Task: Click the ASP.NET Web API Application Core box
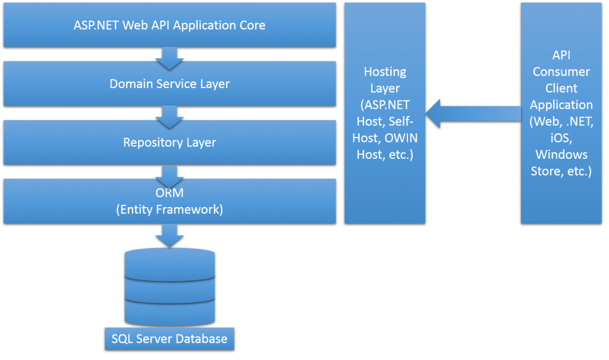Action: tap(169, 25)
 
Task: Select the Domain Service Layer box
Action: tap(169, 83)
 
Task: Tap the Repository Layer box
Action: tap(169, 142)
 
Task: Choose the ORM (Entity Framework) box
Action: tap(169, 201)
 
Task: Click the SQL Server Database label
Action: tap(169, 339)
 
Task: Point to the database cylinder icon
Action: tap(169, 285)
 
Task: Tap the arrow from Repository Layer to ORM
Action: tap(169, 174)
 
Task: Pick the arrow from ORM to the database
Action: tap(169, 234)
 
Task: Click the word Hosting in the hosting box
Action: tap(385, 72)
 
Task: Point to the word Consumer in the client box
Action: tap(561, 72)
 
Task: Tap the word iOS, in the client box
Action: tap(561, 138)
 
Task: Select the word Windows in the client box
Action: tap(561, 155)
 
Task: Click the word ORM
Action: tap(170, 193)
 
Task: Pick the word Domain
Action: tap(130, 84)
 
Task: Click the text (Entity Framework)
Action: tap(170, 209)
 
